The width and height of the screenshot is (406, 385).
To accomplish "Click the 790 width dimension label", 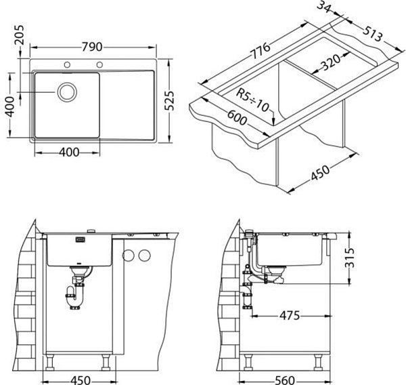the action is [x=93, y=47].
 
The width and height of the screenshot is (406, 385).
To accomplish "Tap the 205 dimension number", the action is [x=19, y=35].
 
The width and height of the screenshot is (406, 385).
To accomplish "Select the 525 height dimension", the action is [x=169, y=101].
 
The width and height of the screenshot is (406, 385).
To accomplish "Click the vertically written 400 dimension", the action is [x=10, y=106].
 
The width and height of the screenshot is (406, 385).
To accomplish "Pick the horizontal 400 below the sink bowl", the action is [x=69, y=152].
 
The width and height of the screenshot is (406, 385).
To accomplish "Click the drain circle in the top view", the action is [x=67, y=92].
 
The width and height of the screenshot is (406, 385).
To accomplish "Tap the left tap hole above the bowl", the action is [x=67, y=64].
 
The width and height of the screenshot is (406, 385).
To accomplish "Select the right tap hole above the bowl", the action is [x=99, y=64].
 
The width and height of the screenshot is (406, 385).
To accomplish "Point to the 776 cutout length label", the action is [x=261, y=52].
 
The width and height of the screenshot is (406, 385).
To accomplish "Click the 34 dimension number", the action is [x=324, y=7].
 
